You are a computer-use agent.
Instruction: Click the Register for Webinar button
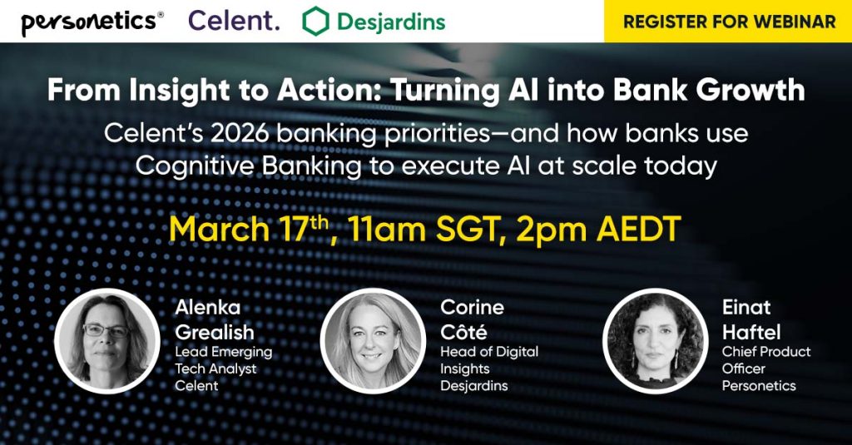coord(728,22)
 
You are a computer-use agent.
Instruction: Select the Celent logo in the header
coord(234,21)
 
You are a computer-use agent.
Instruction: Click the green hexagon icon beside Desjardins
coord(315,22)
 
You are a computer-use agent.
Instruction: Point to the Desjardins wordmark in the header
coord(391,22)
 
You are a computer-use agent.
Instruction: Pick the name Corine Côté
coord(472,320)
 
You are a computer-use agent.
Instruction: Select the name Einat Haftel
coord(751,320)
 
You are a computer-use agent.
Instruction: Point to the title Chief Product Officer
coord(765,360)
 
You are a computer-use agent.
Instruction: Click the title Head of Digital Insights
coord(488,360)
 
